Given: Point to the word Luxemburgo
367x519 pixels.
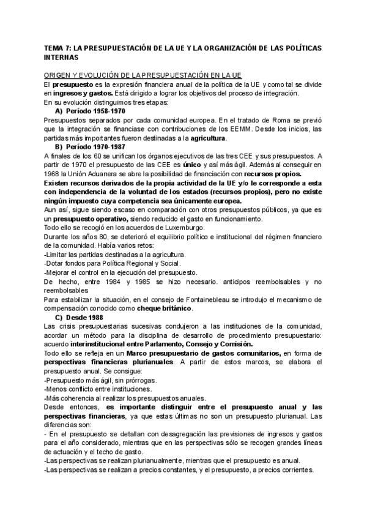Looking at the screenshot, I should pyautogui.click(x=164, y=228).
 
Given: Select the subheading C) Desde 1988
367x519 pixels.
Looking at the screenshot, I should pyautogui.click(x=80, y=318).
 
